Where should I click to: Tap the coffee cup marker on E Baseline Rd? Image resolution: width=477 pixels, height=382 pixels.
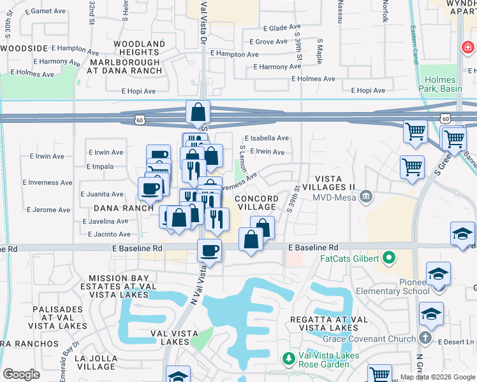pos(209,251)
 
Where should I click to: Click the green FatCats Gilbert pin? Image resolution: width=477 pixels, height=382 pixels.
pos(388,258)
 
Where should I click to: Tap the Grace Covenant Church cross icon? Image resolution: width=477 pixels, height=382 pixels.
pos(426,339)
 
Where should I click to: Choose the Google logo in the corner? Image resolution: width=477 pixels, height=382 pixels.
pos(21,374)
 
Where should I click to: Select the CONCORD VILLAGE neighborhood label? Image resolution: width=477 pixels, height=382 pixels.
pos(256,202)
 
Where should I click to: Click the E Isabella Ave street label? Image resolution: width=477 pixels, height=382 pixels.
pos(267,138)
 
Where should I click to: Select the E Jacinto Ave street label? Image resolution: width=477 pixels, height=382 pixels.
pos(105,234)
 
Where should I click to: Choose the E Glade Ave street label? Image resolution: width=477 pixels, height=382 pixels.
pos(271,29)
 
